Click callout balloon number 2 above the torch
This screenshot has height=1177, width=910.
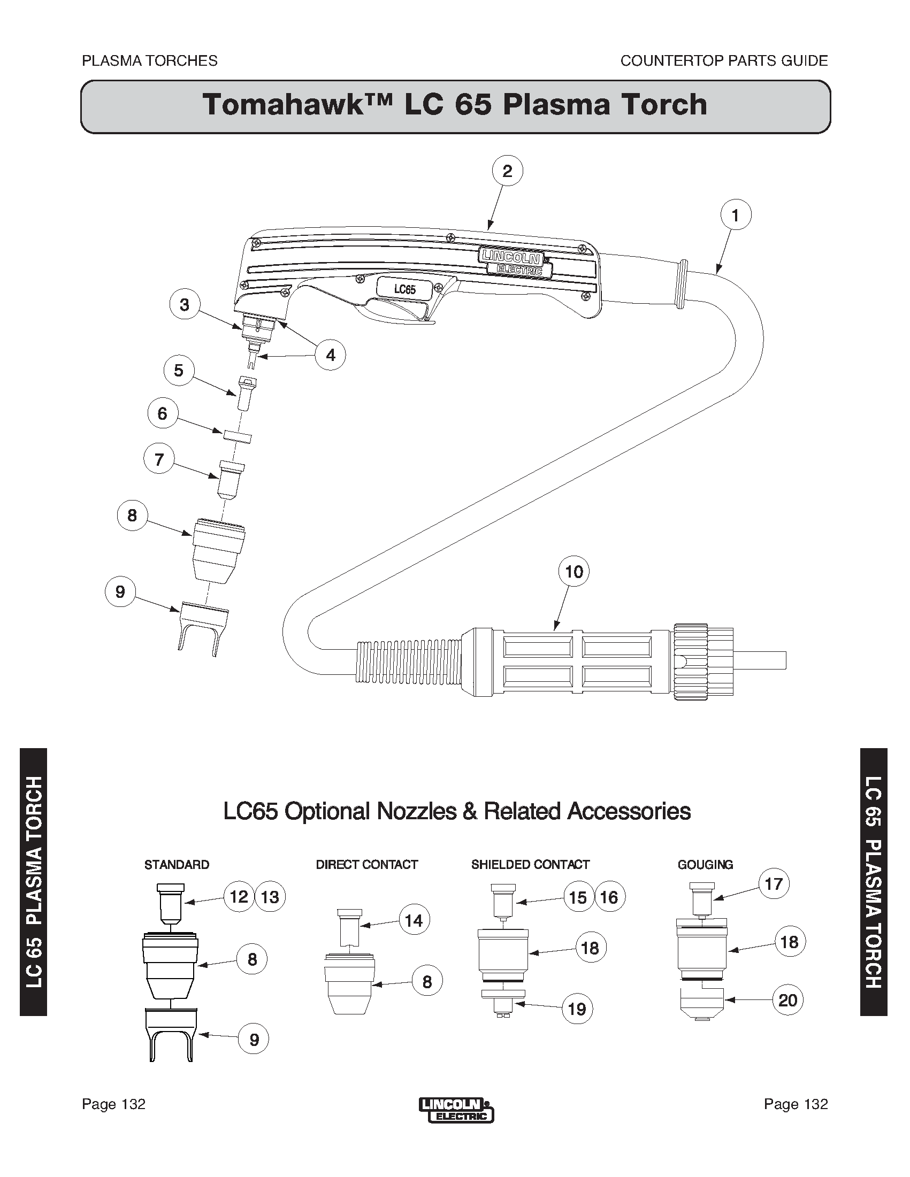(x=507, y=171)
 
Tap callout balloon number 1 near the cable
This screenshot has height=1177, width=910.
(x=736, y=215)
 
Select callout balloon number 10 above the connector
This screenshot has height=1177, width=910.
(x=573, y=572)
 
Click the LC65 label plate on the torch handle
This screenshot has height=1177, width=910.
(x=404, y=289)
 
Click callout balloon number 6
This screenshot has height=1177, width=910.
(x=162, y=414)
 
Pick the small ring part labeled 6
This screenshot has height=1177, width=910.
(x=238, y=435)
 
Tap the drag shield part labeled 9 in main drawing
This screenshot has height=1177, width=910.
(x=204, y=629)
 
